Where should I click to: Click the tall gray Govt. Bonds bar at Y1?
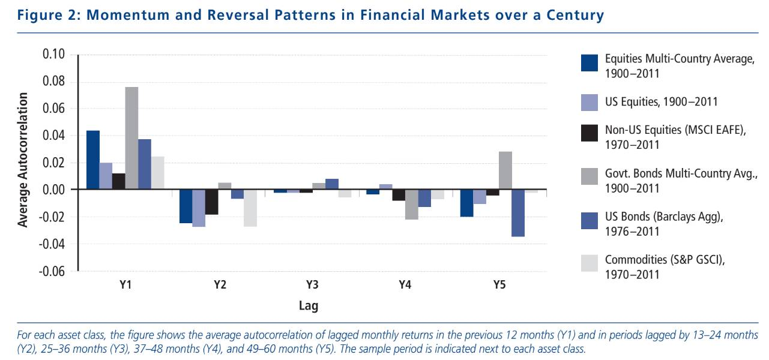131,139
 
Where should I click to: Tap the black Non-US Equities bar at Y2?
212,202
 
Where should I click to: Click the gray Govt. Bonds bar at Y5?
505,170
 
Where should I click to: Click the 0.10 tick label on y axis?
55,55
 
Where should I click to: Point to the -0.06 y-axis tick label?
53,271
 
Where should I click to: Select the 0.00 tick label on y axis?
55,190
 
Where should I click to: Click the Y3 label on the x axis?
312,285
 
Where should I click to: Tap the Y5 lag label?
499,285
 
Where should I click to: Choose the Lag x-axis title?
309,306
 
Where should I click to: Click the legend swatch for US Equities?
590,102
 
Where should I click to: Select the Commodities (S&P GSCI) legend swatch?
590,263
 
